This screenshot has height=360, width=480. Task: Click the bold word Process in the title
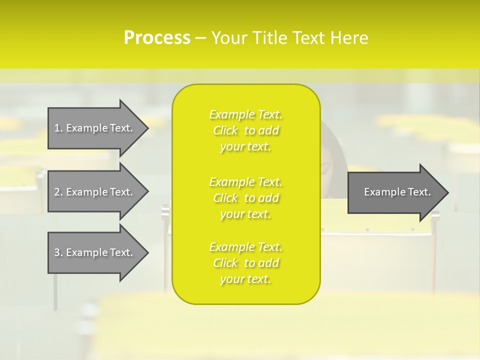(157, 38)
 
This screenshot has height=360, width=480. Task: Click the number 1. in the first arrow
(58, 128)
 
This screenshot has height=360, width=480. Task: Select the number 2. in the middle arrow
(58, 192)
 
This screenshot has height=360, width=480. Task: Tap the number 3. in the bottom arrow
(58, 252)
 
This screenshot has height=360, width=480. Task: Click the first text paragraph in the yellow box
(245, 130)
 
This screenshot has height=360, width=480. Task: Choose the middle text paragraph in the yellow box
(245, 197)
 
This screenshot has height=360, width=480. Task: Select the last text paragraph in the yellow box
(245, 263)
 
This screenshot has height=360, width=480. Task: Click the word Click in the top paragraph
(225, 130)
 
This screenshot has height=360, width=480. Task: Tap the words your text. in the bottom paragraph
(245, 279)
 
